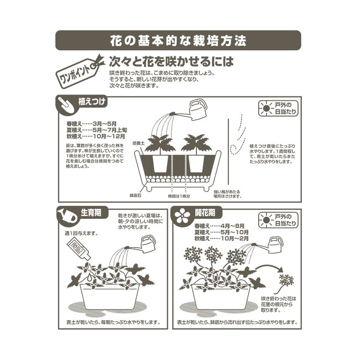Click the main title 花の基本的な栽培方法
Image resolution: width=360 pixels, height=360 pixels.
click(x=178, y=40)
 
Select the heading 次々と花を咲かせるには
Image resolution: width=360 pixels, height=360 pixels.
click(x=171, y=62)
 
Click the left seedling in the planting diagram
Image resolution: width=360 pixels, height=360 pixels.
click(x=159, y=144)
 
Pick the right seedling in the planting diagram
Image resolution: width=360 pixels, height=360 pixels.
click(x=197, y=144)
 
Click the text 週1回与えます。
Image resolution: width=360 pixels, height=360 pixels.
click(x=81, y=233)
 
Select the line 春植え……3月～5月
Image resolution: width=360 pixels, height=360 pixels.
click(x=92, y=123)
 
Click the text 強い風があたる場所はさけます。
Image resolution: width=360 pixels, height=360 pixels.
click(x=228, y=193)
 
